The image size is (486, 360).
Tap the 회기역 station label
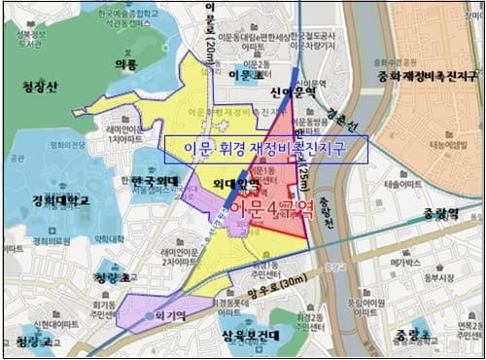click(169, 315)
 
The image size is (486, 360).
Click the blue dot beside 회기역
click(146, 316)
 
